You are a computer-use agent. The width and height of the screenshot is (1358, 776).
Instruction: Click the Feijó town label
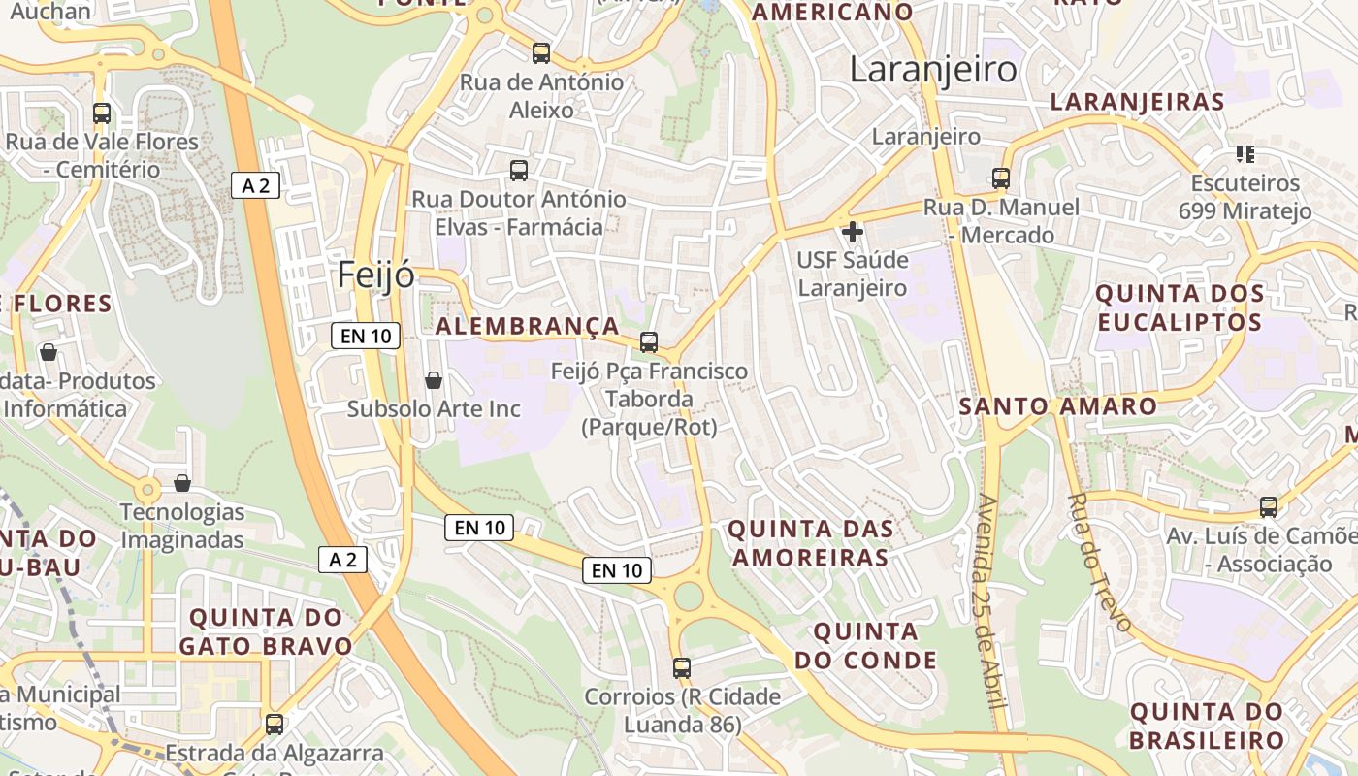[x=376, y=275]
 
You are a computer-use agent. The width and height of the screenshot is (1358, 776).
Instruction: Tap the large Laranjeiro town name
[x=933, y=69]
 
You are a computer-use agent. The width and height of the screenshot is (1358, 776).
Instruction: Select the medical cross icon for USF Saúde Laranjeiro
[x=853, y=232]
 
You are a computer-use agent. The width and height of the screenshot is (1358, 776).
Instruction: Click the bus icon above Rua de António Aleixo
[x=541, y=52]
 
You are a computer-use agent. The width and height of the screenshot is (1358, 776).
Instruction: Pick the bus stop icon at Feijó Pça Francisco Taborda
[x=649, y=341]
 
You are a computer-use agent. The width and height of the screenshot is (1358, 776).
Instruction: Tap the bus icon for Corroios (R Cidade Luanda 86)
[x=682, y=667]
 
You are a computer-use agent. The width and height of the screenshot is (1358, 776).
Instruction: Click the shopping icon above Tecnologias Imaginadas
[x=182, y=482]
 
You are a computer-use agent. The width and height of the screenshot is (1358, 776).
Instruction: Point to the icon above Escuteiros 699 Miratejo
[x=1245, y=153]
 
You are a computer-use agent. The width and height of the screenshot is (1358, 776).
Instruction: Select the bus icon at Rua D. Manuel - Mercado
[x=1001, y=178]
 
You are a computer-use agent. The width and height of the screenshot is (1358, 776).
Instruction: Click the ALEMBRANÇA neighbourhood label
[x=527, y=326]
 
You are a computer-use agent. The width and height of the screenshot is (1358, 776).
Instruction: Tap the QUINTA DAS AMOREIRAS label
[x=811, y=543]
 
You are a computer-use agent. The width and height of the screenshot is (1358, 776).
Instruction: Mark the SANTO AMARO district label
[x=1058, y=406]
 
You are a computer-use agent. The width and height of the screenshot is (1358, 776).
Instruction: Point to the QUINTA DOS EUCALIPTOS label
[x=1180, y=307]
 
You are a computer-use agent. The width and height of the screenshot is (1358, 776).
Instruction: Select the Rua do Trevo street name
[x=1099, y=562]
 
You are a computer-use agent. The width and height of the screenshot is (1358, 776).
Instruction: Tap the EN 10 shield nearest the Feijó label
[x=366, y=337]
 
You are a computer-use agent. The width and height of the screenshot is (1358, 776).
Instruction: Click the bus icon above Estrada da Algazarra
[x=275, y=724]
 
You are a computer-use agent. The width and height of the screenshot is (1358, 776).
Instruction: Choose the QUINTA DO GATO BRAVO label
[x=266, y=631]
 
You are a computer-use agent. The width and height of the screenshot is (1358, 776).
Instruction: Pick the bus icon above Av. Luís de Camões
[x=1268, y=506]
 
